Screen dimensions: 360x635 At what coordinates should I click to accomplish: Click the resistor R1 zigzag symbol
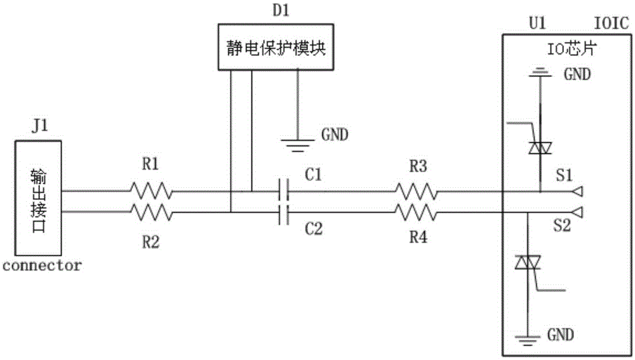pos(151,190)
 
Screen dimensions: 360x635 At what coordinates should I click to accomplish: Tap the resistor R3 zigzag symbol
pos(416,190)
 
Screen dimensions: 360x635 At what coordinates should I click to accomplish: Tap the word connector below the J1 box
pos(42,265)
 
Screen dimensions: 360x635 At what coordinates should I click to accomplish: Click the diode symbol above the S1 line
pos(539,147)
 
